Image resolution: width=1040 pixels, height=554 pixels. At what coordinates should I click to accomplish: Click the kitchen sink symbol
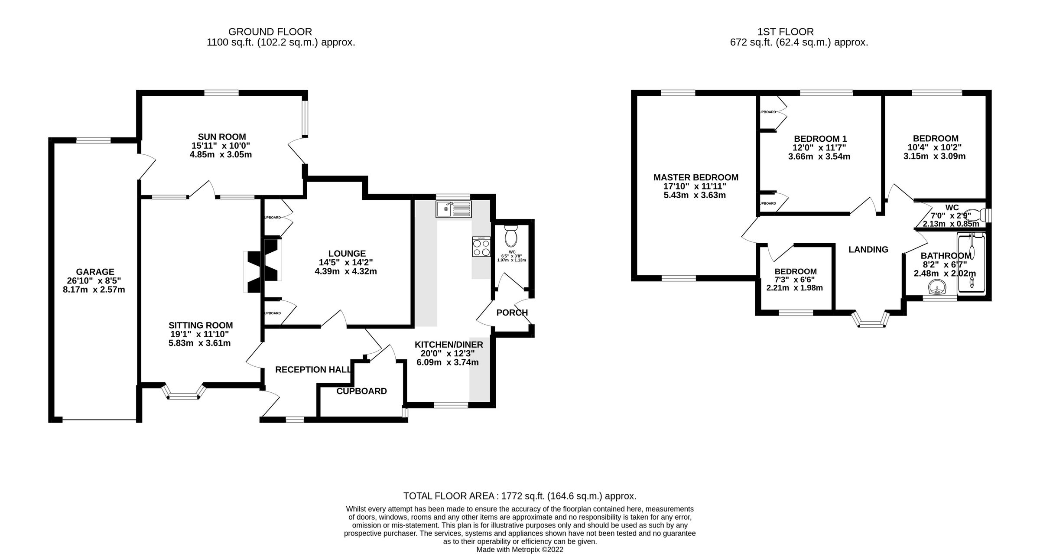453,209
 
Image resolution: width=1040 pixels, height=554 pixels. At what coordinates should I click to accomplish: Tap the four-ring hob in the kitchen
481,247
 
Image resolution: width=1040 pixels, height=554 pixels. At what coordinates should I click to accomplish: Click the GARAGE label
95,272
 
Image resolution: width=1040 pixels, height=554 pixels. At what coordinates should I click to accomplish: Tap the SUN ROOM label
222,137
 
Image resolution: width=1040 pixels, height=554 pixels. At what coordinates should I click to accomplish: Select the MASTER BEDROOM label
695,177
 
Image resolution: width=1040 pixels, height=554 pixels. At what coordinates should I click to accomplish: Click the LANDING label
868,250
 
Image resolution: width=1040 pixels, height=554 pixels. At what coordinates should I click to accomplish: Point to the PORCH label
512,313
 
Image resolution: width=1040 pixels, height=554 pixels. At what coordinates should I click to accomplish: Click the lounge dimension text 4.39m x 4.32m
346,271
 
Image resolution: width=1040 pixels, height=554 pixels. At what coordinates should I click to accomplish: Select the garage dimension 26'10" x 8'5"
94,280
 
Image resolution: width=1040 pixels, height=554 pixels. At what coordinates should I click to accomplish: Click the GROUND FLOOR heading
270,32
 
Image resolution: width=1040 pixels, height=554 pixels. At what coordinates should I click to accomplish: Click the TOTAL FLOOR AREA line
520,496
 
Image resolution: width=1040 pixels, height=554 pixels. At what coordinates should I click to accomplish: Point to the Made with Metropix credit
520,550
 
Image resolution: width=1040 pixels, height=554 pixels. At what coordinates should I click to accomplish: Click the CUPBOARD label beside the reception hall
361,391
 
